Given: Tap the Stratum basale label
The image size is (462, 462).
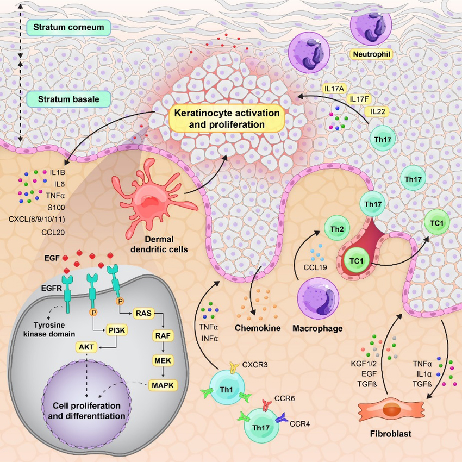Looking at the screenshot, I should (67, 99).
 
